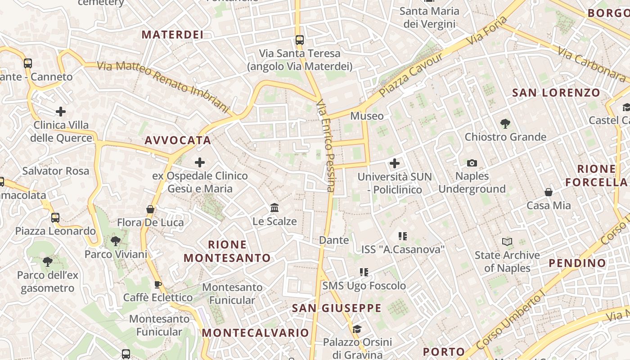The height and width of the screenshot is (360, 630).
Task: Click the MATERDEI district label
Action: (x=173, y=35)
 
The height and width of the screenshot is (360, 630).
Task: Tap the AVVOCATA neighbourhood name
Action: (x=178, y=140)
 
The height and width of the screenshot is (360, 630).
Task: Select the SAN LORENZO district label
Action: (x=556, y=93)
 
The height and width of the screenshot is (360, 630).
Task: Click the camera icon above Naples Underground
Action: (x=472, y=163)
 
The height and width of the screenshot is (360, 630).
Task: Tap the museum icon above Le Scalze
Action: (x=274, y=208)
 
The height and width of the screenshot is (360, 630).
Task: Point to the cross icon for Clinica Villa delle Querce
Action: (x=61, y=112)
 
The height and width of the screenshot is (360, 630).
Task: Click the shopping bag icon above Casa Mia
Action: (x=549, y=193)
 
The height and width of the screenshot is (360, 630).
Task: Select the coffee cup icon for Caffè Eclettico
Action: (x=157, y=284)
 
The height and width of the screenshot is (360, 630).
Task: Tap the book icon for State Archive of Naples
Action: (x=507, y=242)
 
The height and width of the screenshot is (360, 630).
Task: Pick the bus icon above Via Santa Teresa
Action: (x=300, y=40)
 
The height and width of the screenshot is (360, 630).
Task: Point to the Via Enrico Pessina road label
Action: (x=325, y=146)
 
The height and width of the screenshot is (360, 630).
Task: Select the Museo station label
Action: (x=367, y=116)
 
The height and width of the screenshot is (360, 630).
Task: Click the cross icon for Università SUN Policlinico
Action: (x=395, y=163)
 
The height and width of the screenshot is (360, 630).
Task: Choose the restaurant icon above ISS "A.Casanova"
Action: (x=402, y=236)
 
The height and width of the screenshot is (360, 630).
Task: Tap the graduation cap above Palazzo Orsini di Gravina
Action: (x=357, y=329)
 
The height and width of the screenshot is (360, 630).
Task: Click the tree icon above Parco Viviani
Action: (x=116, y=241)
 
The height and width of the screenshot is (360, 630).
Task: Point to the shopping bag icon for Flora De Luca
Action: (x=150, y=209)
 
